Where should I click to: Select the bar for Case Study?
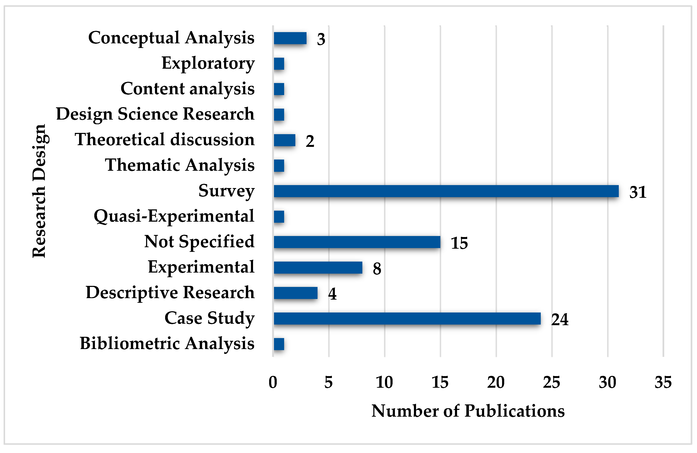pyautogui.click(x=407, y=318)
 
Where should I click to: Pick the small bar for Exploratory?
pyautogui.click(x=279, y=64)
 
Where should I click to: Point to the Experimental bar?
pyautogui.click(x=318, y=267)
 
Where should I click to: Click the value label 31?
pyautogui.click(x=638, y=192)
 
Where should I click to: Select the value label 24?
pyautogui.click(x=559, y=319)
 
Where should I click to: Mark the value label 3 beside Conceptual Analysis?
pyautogui.click(x=321, y=39)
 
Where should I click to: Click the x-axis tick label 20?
pyautogui.click(x=496, y=382)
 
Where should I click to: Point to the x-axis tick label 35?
pyautogui.click(x=663, y=382)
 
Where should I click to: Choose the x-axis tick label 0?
pyautogui.click(x=273, y=382)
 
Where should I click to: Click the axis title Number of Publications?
pyautogui.click(x=468, y=411)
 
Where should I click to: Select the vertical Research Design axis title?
pyautogui.click(x=40, y=191)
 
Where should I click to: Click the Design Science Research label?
pyautogui.click(x=155, y=114)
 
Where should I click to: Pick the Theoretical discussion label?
pyautogui.click(x=165, y=140)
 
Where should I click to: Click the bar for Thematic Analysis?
pyautogui.click(x=279, y=166)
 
